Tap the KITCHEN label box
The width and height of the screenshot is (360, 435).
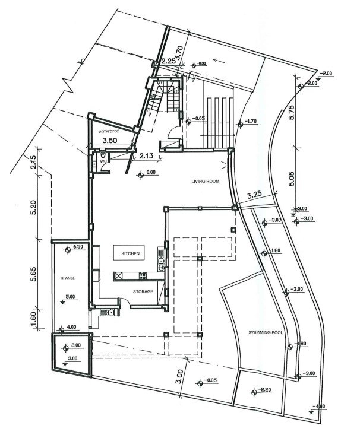click(130, 253)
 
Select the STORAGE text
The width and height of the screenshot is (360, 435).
click(143, 291)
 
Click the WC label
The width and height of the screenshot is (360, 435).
click(102, 161)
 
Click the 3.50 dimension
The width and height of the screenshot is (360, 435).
click(109, 141)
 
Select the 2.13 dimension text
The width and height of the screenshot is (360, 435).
click(147, 157)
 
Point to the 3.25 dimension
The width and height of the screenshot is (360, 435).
click(254, 193)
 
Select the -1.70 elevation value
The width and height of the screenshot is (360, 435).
click(250, 122)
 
